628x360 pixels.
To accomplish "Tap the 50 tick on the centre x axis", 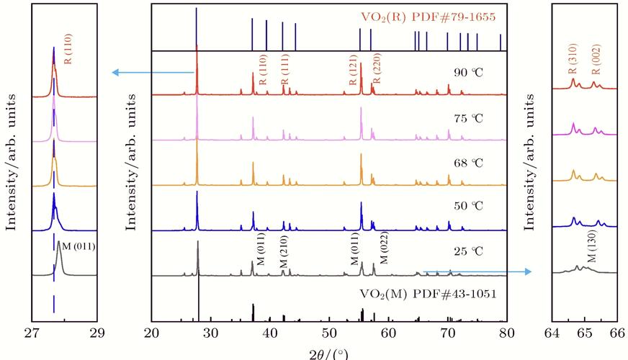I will (329, 333).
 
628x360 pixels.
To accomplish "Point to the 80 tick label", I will (507, 333).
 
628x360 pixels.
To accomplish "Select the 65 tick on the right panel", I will (584, 333).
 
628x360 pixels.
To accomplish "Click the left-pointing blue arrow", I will (152, 72).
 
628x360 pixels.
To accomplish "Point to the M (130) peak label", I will (591, 249).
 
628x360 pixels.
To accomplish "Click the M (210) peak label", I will (284, 251).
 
